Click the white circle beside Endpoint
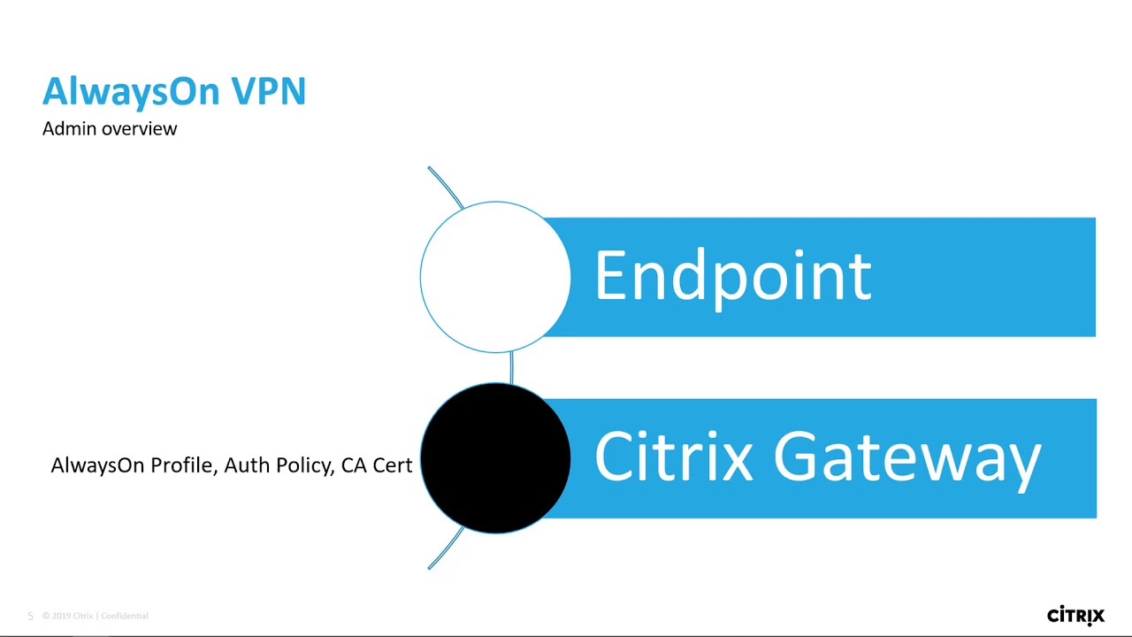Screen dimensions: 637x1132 click(x=495, y=277)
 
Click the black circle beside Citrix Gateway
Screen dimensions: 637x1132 click(x=495, y=458)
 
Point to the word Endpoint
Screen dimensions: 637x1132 click(x=732, y=276)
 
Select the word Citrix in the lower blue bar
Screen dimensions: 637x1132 click(x=673, y=457)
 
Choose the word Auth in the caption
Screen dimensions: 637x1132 click(x=247, y=465)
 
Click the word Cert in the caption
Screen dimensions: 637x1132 click(x=393, y=465)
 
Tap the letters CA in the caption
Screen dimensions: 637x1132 click(x=354, y=465)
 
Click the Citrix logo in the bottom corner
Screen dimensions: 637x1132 click(x=1075, y=615)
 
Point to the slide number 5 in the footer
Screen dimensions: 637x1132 click(x=30, y=616)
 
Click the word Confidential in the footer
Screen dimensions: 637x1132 click(x=125, y=616)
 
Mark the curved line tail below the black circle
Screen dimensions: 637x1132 click(x=445, y=549)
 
